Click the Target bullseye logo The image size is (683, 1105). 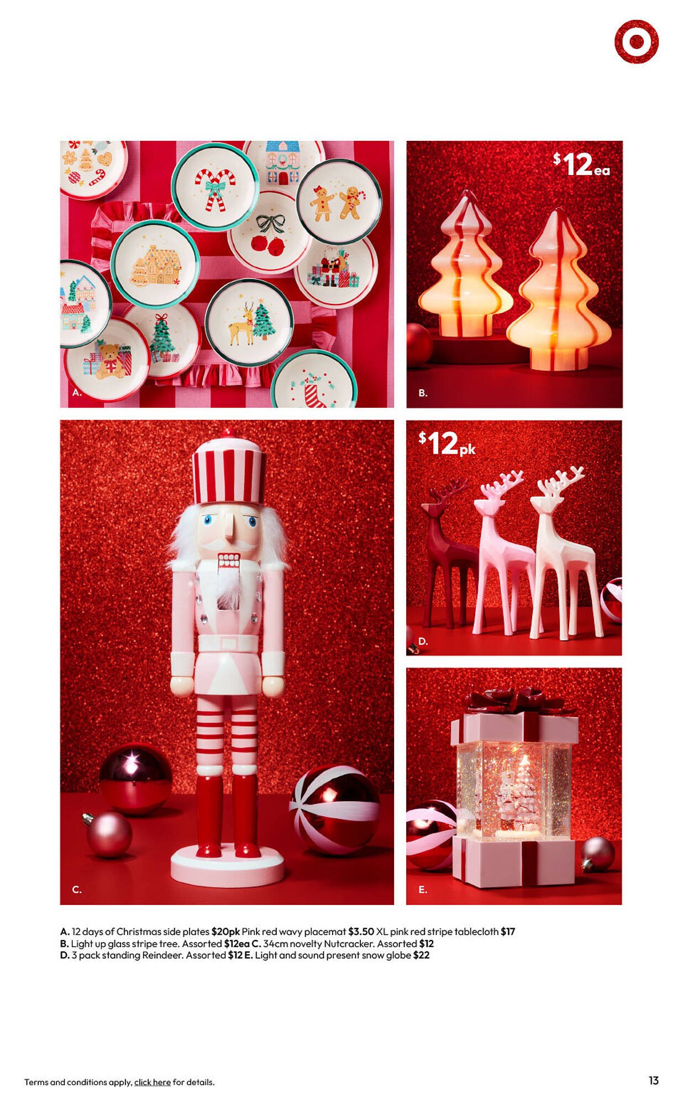coord(636,41)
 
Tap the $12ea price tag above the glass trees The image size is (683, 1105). coord(581,165)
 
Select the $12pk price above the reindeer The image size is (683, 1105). coord(446,443)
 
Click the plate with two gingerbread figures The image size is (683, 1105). coord(339,202)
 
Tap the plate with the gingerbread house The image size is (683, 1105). coord(155,264)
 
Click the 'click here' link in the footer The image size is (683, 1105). coord(152,1082)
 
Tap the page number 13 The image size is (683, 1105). coord(653,1081)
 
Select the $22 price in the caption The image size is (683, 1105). coord(421,955)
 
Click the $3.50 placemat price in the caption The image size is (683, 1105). coord(361,932)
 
